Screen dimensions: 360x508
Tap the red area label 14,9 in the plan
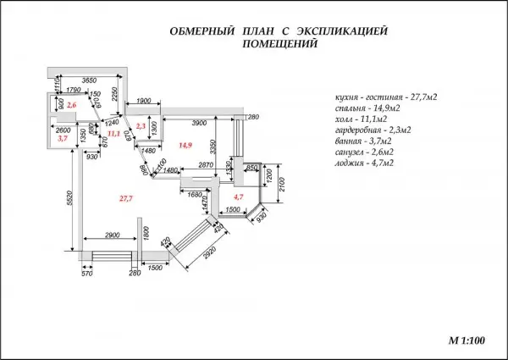[185, 147]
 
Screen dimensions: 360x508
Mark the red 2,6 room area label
[72, 104]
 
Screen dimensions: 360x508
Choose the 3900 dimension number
[200, 124]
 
